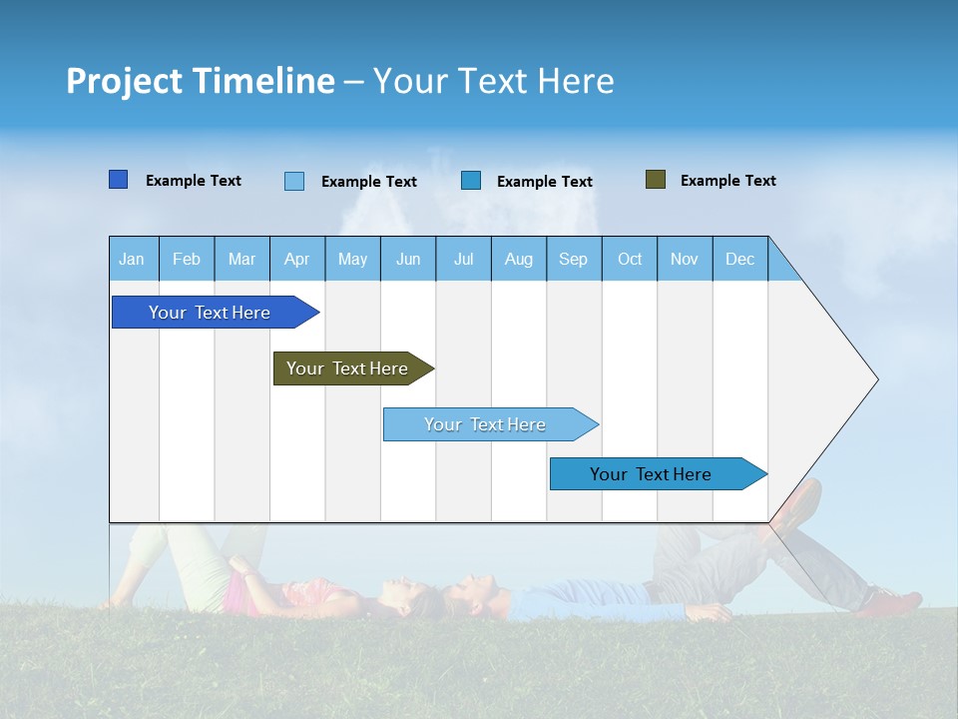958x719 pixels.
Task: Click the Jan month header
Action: pyautogui.click(x=133, y=259)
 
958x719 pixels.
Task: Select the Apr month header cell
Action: pyautogui.click(x=297, y=259)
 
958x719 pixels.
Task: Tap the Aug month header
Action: pyautogui.click(x=519, y=259)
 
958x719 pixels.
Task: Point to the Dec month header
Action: pyautogui.click(x=740, y=259)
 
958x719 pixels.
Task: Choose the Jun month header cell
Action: pyautogui.click(x=408, y=259)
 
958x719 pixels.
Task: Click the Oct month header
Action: pyautogui.click(x=630, y=259)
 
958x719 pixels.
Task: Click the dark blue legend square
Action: pyautogui.click(x=118, y=180)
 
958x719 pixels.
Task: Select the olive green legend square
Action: pyautogui.click(x=655, y=180)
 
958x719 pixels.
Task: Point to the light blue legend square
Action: pyautogui.click(x=294, y=181)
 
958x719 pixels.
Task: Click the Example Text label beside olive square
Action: pyautogui.click(x=727, y=180)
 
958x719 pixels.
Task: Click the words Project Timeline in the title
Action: pyautogui.click(x=200, y=81)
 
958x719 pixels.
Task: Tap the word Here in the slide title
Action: pyautogui.click(x=576, y=81)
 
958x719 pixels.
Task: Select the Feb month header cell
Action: pyautogui.click(x=187, y=259)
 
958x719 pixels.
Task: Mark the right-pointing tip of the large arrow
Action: pyautogui.click(x=875, y=379)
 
